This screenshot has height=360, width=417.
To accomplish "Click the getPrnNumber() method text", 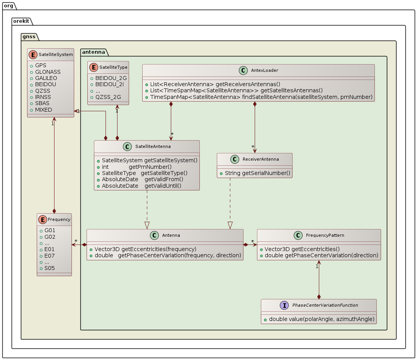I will pos(150,166).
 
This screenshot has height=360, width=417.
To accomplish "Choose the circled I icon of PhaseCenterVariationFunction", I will pos(284,305).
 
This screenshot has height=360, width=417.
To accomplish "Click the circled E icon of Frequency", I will pos(43,219).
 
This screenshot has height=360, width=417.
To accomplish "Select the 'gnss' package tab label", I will pos(29,37).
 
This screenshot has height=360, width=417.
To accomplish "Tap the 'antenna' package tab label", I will pos(93,52).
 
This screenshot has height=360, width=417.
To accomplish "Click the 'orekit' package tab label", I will pos(22,21).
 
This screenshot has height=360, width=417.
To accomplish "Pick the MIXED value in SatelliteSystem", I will pos(43,110).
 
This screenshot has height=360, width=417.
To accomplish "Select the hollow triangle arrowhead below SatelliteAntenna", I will pos(147,225).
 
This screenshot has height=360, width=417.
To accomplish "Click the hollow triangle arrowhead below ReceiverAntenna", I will pos(230,225).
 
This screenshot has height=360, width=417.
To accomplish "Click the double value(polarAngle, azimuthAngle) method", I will pos(321,319).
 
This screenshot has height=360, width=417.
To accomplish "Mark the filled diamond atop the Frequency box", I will pos(54,211).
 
